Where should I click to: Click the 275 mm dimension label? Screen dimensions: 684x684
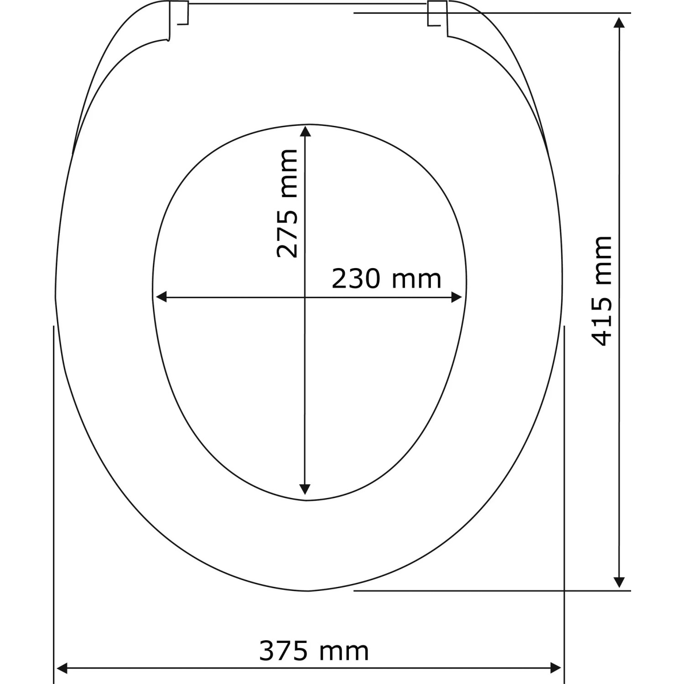[x=288, y=203]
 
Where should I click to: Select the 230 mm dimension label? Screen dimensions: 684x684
[x=386, y=279]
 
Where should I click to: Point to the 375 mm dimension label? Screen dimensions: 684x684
[x=314, y=651]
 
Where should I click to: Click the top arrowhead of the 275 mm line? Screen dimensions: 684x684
[x=306, y=131]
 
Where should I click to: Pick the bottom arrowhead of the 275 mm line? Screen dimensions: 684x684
[x=306, y=489]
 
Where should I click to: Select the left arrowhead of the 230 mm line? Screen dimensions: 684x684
[x=161, y=297]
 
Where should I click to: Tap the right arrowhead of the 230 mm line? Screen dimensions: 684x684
[x=456, y=297]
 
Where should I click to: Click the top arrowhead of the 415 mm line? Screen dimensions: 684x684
[x=619, y=22]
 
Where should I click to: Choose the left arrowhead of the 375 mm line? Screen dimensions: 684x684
[x=61, y=668]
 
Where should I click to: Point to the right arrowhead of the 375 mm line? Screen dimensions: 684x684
[x=556, y=668]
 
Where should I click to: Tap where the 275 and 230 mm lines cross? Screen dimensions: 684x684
[x=306, y=297]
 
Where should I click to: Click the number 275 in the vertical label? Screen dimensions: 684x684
[x=288, y=235]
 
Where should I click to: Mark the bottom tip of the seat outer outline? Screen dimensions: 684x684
[x=308, y=591]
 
